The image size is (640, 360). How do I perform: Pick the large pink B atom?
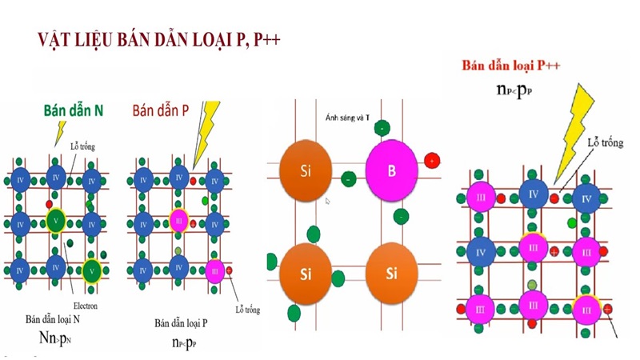click(x=392, y=170)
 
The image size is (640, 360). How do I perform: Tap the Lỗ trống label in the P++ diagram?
click(x=605, y=142)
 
